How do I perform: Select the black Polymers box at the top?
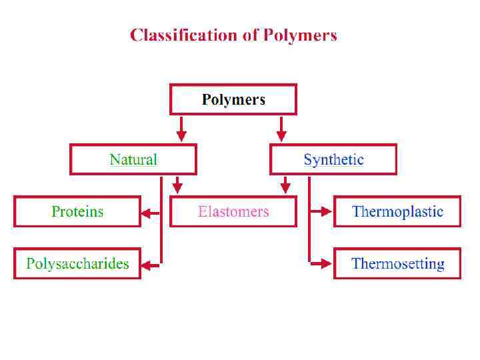tap(233, 99)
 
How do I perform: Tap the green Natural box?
tap(133, 160)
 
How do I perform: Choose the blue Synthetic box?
tap(333, 160)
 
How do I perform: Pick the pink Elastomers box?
tap(233, 212)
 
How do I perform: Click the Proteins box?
tap(77, 212)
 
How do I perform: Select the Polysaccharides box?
tap(77, 264)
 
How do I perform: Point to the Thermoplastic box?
tap(397, 212)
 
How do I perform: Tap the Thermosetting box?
tap(397, 264)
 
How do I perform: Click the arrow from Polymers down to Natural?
tap(181, 129)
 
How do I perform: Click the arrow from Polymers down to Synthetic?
tap(281, 129)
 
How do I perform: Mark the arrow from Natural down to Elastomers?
tap(177, 185)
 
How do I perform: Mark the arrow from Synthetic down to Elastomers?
tap(285, 185)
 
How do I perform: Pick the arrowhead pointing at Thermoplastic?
tap(326, 212)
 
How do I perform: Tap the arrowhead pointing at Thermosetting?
tap(326, 264)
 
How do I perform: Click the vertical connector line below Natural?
tap(161, 220)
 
